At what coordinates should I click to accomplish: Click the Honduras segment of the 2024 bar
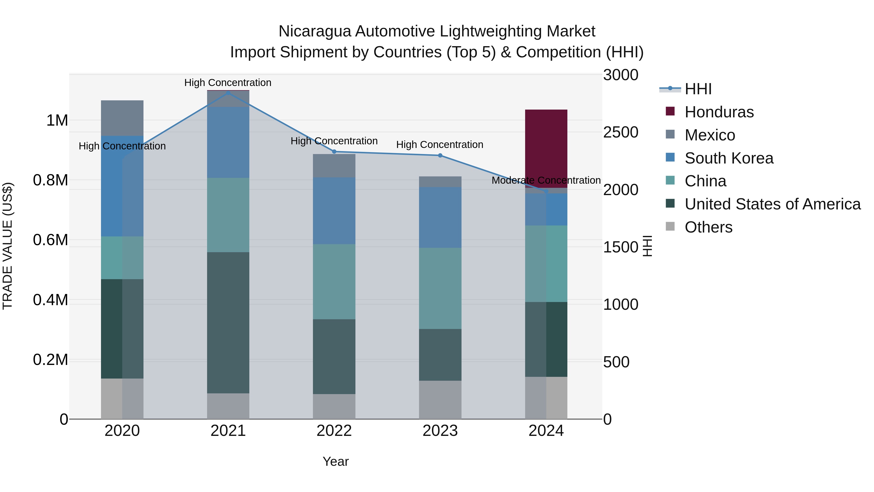(546, 148)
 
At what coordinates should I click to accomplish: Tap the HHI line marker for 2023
(440, 155)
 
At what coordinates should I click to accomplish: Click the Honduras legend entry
(719, 112)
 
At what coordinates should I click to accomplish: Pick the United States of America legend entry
(772, 204)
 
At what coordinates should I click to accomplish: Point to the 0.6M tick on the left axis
(50, 240)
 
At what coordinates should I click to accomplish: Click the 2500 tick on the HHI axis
(620, 132)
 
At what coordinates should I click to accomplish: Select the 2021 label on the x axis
(228, 431)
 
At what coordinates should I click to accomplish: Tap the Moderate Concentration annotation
(546, 180)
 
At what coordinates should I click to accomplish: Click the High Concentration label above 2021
(228, 83)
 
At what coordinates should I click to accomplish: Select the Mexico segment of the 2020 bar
(122, 118)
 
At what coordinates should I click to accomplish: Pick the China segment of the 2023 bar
(440, 288)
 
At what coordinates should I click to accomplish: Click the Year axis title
(335, 461)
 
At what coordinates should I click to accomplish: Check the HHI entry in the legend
(697, 89)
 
